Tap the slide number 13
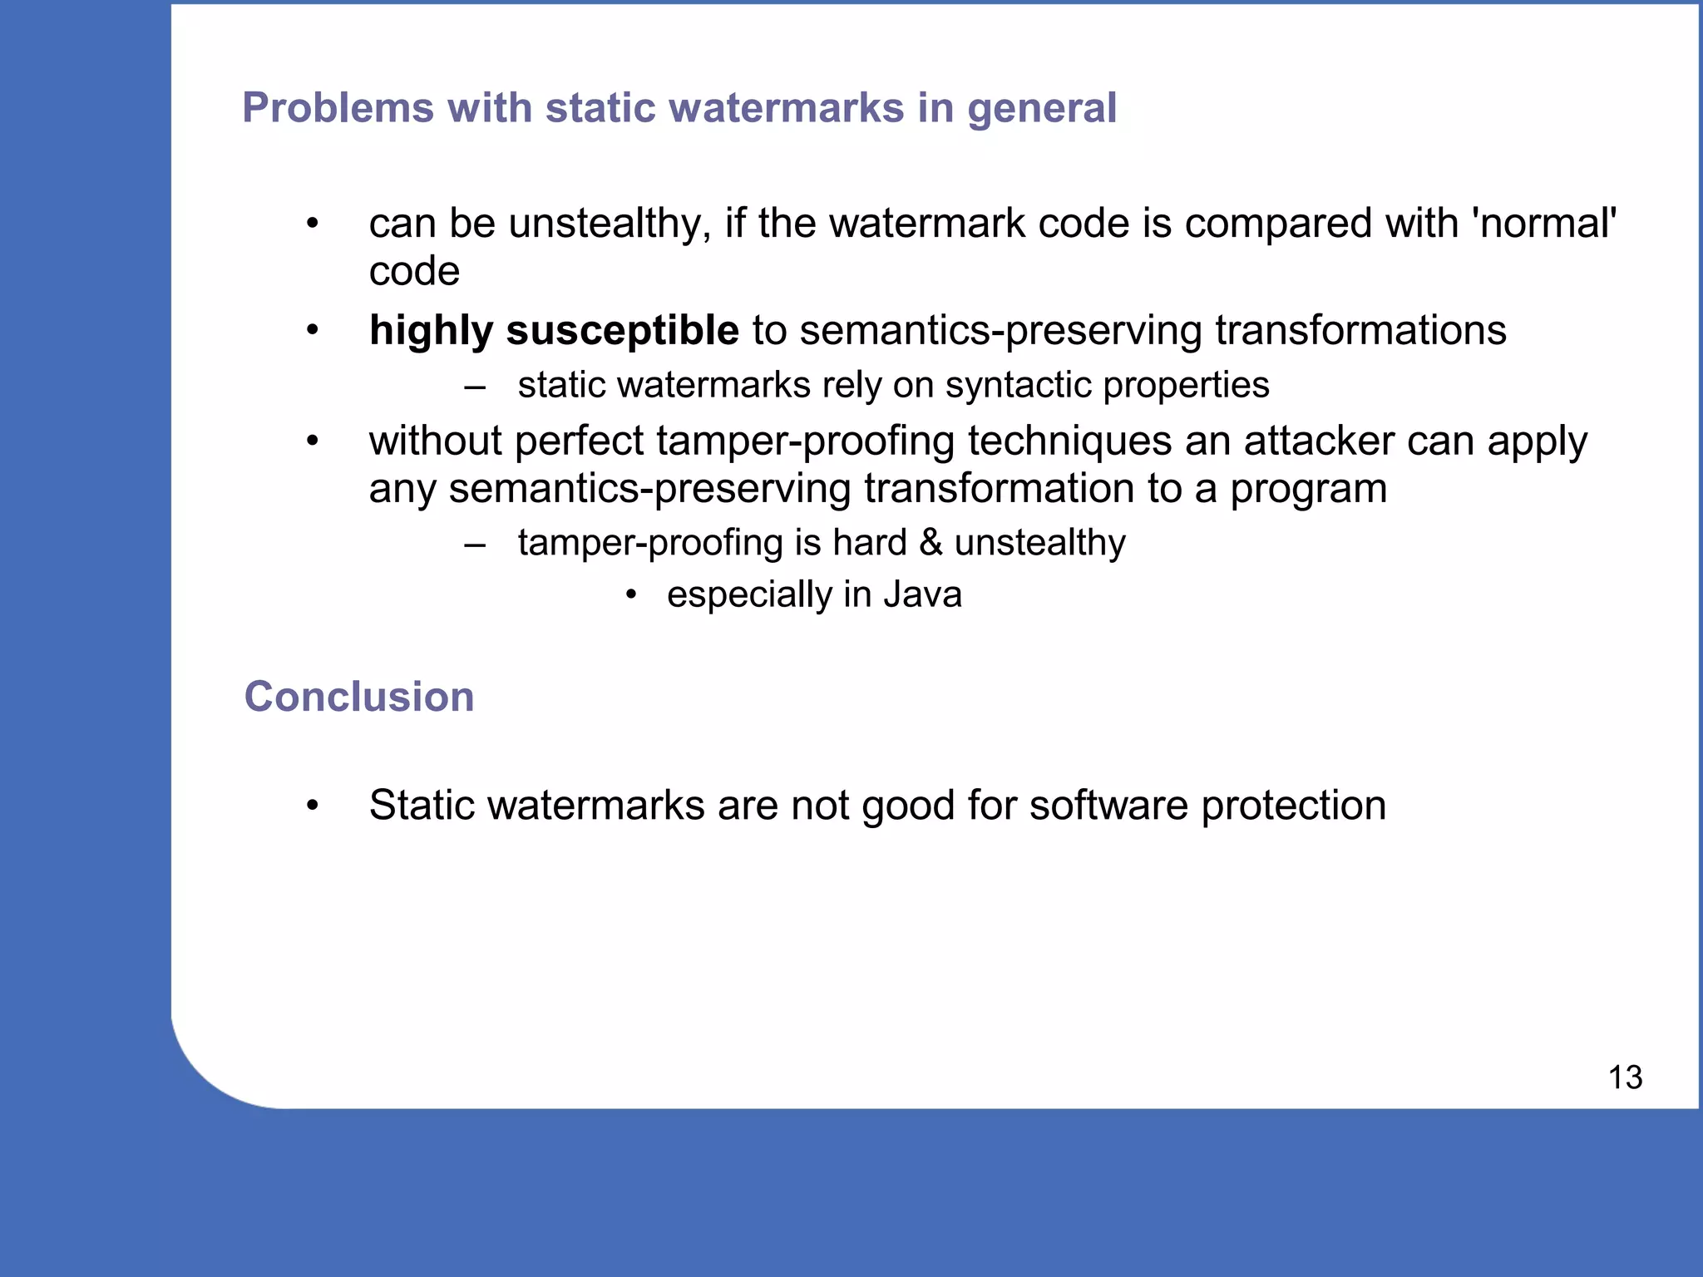point(1625,1077)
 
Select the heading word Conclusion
point(359,697)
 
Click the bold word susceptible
point(622,331)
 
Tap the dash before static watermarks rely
point(475,386)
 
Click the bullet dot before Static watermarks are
point(313,806)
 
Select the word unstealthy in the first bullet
point(609,224)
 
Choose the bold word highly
point(431,331)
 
